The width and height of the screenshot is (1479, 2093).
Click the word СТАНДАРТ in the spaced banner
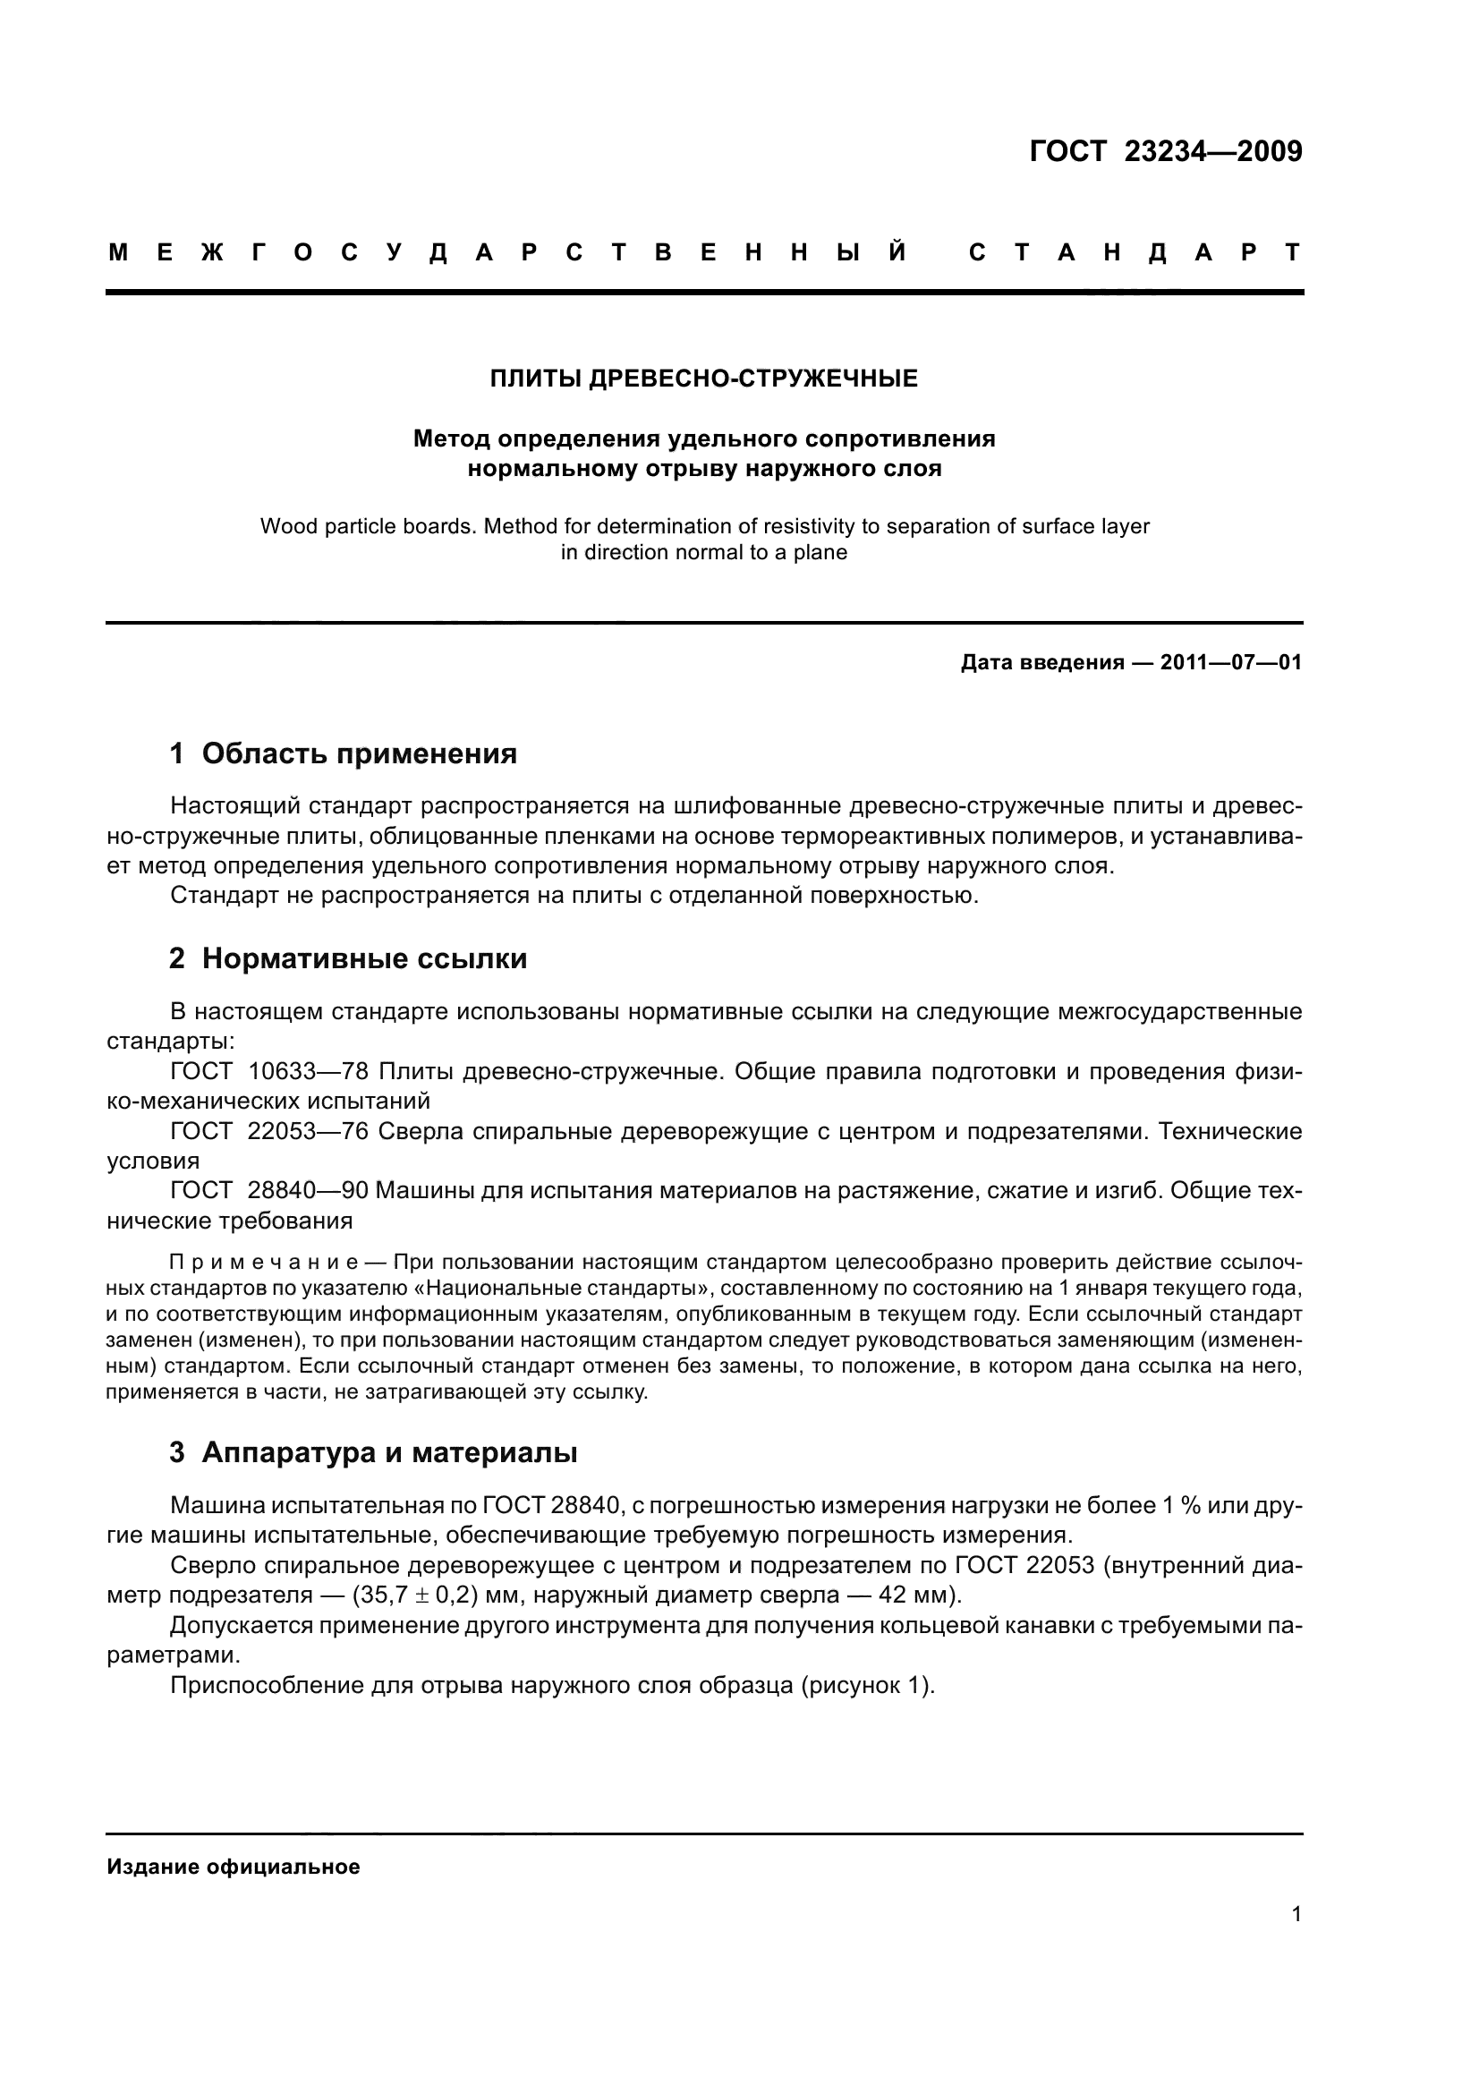(1135, 252)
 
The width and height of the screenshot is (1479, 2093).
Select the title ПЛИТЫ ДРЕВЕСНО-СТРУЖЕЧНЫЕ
(703, 379)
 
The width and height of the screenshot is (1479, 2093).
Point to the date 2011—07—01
(1231, 663)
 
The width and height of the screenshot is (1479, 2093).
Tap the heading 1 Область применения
(343, 753)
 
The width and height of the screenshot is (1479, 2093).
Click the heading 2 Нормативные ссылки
(348, 959)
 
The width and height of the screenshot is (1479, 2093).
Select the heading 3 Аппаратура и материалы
(373, 1453)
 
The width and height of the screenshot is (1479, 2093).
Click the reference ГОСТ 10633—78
(268, 1071)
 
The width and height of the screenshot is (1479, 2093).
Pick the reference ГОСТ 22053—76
(268, 1131)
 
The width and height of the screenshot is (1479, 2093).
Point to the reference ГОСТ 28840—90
(268, 1190)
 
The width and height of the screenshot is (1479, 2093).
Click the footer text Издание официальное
(234, 1867)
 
